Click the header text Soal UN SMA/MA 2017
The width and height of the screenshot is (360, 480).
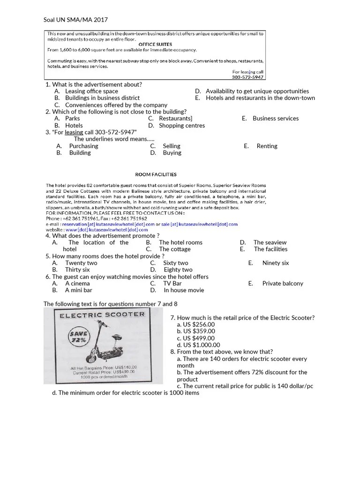pyautogui.click(x=75, y=20)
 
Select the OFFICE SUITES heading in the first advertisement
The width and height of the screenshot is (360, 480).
pyautogui.click(x=155, y=45)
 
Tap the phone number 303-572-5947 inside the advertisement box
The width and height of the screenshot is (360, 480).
pyautogui.click(x=247, y=77)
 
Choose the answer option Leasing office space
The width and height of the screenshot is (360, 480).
pyautogui.click(x=91, y=91)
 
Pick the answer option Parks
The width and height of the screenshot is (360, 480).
pyautogui.click(x=73, y=119)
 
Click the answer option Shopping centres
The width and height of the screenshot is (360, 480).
pyautogui.click(x=182, y=126)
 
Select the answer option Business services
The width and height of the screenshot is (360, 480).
pyautogui.click(x=275, y=119)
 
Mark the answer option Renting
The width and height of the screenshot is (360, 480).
pyautogui.click(x=267, y=146)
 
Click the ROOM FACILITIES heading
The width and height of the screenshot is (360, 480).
pyautogui.click(x=156, y=174)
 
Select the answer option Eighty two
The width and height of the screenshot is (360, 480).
pyautogui.click(x=178, y=270)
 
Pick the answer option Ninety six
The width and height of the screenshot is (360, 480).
pyautogui.click(x=275, y=263)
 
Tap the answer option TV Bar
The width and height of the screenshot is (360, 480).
pyautogui.click(x=172, y=284)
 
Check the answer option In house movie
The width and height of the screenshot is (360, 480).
pyautogui.click(x=184, y=290)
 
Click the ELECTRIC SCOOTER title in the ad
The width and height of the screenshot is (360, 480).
pyautogui.click(x=102, y=315)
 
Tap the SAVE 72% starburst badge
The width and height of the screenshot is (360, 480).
pyautogui.click(x=79, y=337)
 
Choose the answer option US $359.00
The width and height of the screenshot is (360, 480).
pyautogui.click(x=196, y=331)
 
